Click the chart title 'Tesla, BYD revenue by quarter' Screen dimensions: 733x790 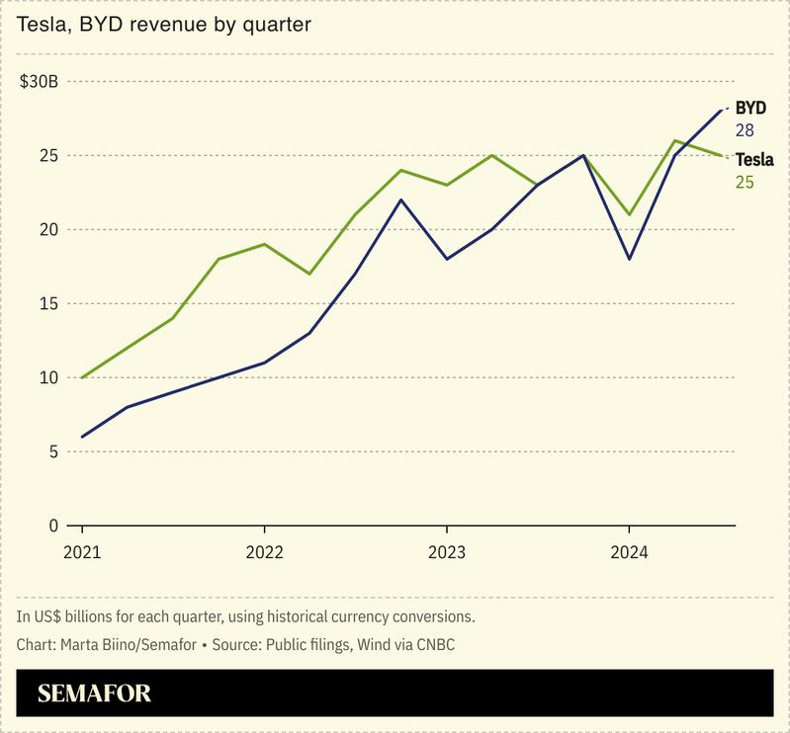coord(164,24)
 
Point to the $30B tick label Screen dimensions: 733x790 coord(40,82)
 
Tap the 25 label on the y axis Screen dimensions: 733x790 coord(48,156)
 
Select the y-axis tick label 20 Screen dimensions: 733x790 coord(48,230)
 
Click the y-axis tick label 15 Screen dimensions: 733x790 coord(48,304)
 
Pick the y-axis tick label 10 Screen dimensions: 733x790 coord(48,378)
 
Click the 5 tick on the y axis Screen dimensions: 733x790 coord(53,452)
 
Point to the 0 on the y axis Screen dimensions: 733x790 coord(53,526)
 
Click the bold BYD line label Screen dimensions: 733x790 coord(750,108)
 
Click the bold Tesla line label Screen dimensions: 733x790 coord(753,159)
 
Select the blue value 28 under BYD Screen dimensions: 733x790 coord(745,130)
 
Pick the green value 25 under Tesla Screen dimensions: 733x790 coord(745,182)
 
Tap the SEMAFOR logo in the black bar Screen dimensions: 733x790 coord(94,693)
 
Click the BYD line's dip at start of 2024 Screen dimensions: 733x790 coord(630,259)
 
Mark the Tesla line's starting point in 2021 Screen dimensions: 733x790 coord(81,377)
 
